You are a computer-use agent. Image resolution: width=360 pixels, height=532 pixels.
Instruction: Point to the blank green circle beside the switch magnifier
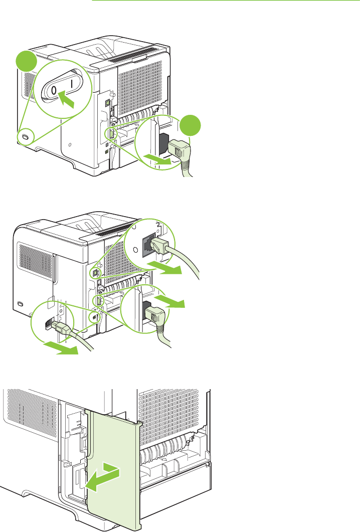[x=25, y=64]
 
